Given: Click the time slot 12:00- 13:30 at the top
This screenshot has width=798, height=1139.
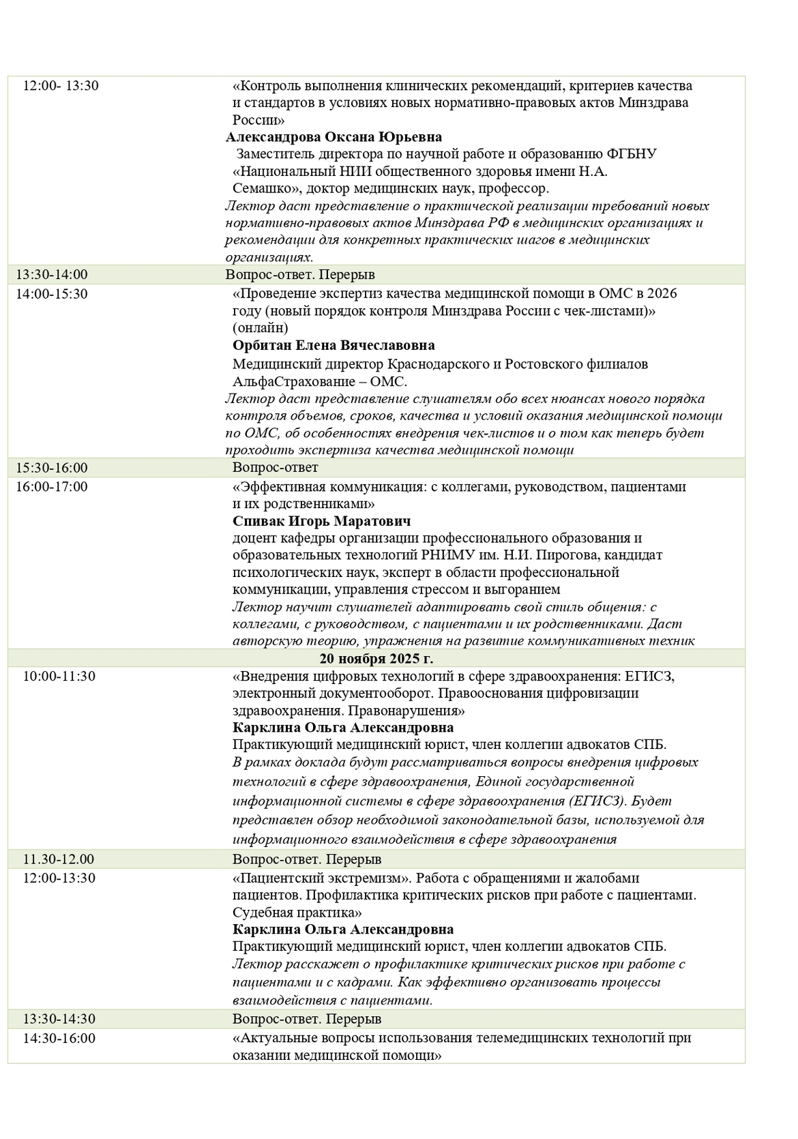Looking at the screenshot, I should [x=61, y=86].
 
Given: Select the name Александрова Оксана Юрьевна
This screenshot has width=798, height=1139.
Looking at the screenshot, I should [x=334, y=136].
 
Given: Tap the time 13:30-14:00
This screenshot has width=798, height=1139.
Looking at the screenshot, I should [x=52, y=275].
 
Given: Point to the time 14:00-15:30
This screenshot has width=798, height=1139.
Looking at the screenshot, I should [x=52, y=294].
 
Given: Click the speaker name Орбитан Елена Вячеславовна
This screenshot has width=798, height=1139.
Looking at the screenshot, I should [x=334, y=345].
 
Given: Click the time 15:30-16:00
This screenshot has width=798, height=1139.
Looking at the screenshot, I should [x=52, y=468].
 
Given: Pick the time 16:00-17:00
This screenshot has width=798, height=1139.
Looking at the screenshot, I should [x=52, y=487].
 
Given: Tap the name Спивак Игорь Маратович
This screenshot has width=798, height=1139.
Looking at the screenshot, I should [x=322, y=521].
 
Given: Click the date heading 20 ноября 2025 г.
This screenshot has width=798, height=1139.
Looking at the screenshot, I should [x=376, y=659].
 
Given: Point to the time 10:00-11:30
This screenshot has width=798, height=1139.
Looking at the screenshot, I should [x=59, y=677].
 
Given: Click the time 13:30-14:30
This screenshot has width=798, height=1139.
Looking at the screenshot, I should [x=59, y=1019].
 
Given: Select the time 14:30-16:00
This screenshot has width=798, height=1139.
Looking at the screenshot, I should [x=59, y=1038].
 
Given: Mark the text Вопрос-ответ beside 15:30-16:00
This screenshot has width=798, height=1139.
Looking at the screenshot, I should [x=275, y=468].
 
